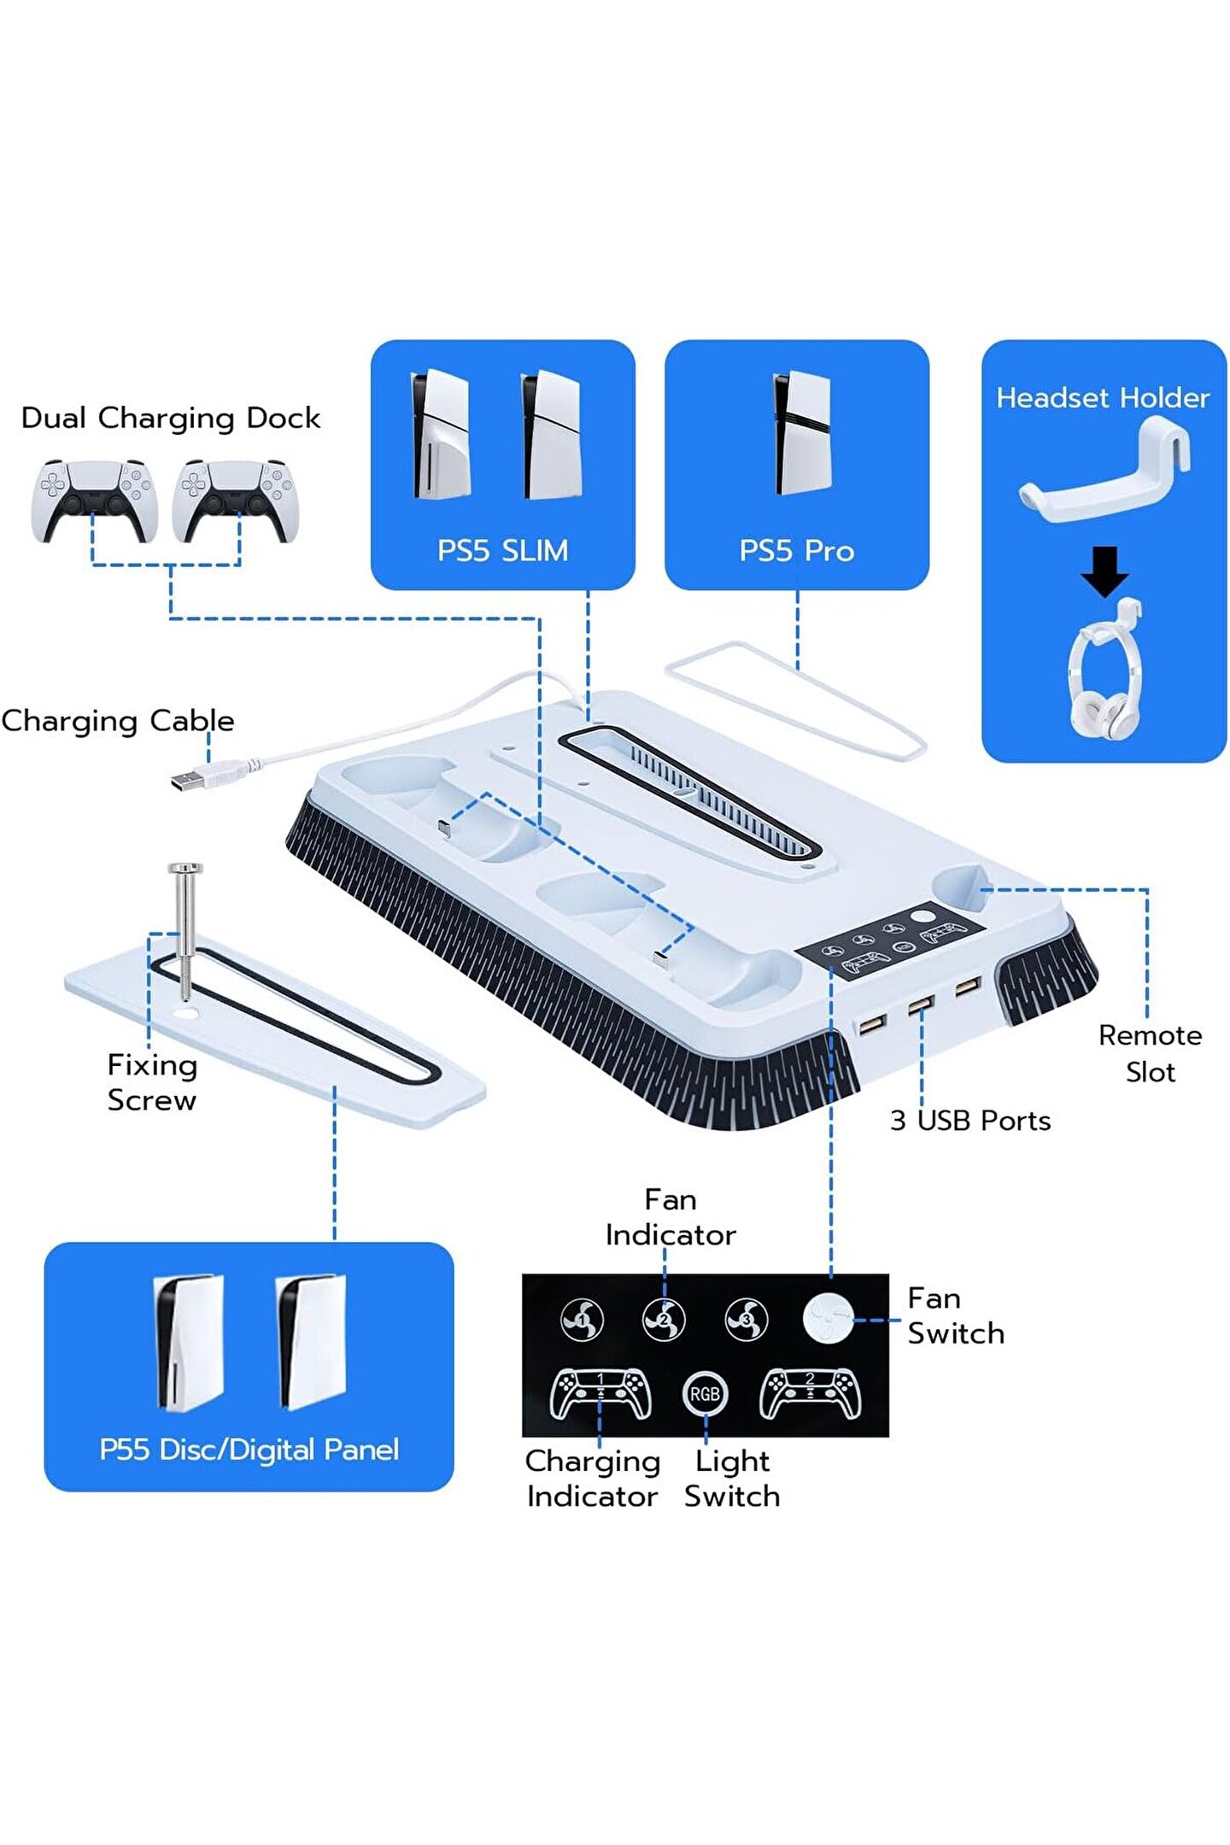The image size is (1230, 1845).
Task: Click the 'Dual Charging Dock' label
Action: point(170,418)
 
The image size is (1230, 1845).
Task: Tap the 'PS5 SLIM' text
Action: point(502,550)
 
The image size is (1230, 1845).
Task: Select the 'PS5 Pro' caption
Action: point(796,550)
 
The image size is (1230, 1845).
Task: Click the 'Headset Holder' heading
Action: point(1103,397)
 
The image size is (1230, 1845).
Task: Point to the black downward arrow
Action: point(1104,571)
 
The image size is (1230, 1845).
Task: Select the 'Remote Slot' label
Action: point(1150,1053)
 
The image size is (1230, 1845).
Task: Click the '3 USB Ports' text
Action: point(970,1120)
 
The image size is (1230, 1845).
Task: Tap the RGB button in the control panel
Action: point(705,1394)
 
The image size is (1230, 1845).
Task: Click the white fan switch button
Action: point(828,1318)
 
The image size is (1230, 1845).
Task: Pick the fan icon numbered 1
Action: point(583,1320)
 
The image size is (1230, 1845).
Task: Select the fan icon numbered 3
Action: point(746,1320)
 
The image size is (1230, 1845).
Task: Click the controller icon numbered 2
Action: point(810,1393)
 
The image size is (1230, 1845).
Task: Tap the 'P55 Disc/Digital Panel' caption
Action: point(249,1450)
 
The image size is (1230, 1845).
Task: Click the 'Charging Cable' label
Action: point(118,721)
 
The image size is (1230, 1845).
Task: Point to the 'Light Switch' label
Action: point(732,1479)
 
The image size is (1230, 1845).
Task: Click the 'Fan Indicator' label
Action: point(671,1217)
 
